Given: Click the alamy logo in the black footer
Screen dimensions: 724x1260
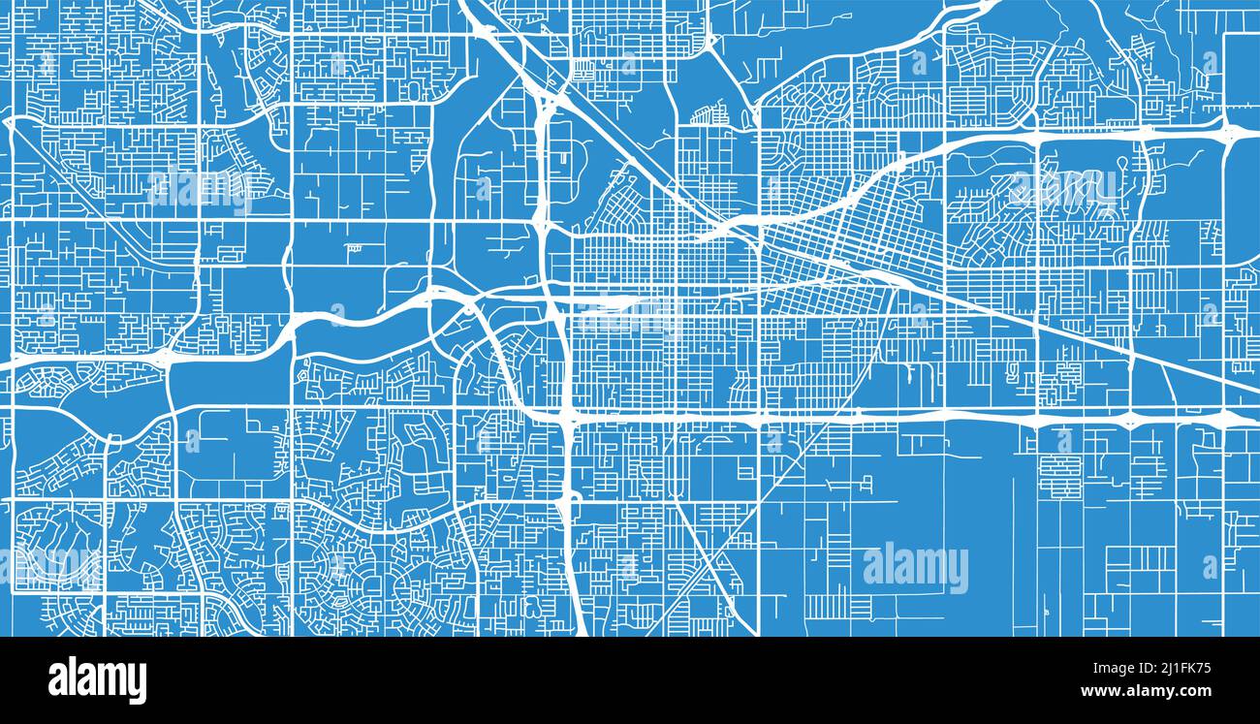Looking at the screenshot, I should click(97, 680).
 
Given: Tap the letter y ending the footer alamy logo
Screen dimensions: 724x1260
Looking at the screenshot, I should click(138, 683).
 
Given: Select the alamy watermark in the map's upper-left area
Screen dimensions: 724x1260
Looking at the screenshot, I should click(200, 189).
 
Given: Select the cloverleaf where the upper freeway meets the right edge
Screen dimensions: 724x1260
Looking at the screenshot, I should click(1229, 130).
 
